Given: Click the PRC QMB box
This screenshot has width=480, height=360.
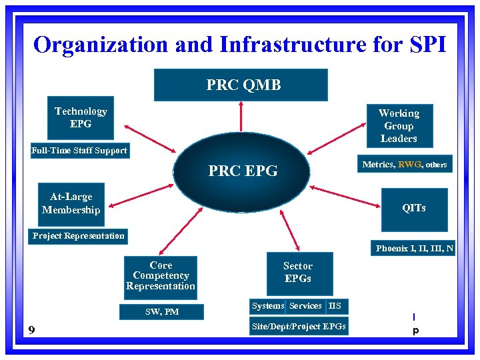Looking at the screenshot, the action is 241,85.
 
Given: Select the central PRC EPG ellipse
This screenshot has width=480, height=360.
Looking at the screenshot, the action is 242,171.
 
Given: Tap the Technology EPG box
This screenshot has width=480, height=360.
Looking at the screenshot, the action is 81,117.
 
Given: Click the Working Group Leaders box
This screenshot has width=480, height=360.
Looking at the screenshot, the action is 399,125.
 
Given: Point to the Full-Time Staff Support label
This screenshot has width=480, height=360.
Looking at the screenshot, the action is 79,151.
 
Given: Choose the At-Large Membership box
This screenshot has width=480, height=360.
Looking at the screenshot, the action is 71,203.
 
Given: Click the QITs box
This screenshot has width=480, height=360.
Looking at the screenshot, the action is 413,208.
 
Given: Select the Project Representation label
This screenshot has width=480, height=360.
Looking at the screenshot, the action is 79,236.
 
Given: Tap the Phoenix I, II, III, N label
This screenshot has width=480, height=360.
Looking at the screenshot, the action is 415,249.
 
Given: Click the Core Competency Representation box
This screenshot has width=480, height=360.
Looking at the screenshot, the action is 161,275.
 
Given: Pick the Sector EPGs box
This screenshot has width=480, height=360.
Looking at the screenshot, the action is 298,272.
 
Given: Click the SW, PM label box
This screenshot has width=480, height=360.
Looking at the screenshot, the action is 162,311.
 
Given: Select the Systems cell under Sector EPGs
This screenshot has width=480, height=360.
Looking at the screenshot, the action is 268,306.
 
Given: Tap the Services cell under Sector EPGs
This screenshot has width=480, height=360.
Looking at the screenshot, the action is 305,306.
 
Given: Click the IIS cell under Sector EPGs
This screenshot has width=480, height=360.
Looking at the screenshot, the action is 335,306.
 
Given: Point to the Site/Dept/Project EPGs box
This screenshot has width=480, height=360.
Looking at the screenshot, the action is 299,327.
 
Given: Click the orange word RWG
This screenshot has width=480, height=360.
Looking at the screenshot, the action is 409,164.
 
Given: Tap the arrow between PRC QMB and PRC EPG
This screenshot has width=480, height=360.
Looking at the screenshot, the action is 241,117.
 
